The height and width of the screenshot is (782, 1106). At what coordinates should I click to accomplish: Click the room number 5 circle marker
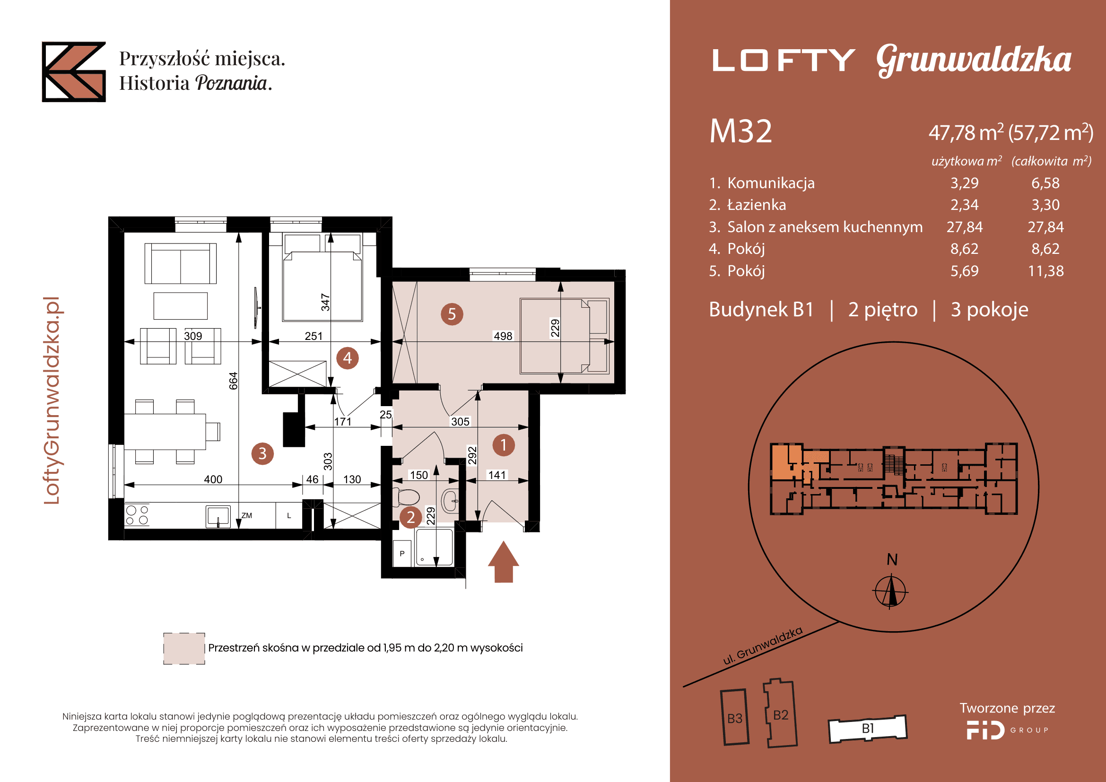click(x=452, y=314)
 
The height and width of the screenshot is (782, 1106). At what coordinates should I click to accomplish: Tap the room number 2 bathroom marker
click(x=411, y=517)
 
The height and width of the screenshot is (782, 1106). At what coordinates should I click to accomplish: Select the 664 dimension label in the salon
click(x=234, y=381)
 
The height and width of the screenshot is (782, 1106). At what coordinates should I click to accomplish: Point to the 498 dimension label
click(x=503, y=336)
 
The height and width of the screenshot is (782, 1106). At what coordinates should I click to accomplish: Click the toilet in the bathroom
click(x=406, y=497)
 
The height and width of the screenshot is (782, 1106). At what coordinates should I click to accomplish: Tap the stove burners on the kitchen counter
click(x=137, y=515)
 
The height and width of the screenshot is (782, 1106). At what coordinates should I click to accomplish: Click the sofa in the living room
click(x=180, y=263)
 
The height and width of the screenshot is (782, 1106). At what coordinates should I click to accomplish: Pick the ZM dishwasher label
click(x=247, y=515)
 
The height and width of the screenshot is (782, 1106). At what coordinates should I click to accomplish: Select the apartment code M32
click(x=740, y=131)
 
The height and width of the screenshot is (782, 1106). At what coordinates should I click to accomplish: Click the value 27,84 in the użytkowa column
click(x=964, y=227)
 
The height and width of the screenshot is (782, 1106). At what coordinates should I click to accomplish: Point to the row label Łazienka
click(x=756, y=205)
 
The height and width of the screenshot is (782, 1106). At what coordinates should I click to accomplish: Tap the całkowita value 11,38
click(x=1046, y=271)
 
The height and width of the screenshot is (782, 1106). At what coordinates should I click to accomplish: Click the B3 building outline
click(x=735, y=718)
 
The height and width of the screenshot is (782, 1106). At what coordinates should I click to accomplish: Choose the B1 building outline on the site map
click(x=868, y=728)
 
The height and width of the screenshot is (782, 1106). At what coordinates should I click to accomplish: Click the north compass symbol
click(x=891, y=591)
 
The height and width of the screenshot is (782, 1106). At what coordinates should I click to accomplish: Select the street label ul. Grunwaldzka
click(x=763, y=646)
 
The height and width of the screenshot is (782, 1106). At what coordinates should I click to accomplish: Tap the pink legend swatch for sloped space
click(x=184, y=649)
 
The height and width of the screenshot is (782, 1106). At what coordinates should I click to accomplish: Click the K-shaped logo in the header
click(x=74, y=72)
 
